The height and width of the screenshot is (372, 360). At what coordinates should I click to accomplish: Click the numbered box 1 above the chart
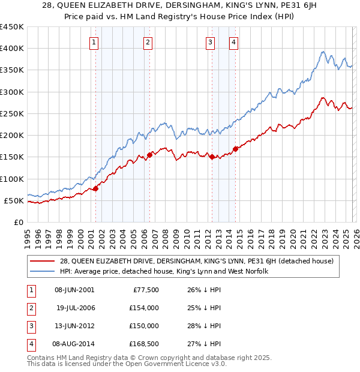click(95, 42)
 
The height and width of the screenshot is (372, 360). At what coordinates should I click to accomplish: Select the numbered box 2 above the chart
click(148, 42)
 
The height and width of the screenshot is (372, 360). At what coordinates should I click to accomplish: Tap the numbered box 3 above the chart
click(211, 42)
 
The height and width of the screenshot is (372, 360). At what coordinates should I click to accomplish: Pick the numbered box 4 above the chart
click(233, 42)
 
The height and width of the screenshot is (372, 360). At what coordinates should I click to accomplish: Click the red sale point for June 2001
click(95, 188)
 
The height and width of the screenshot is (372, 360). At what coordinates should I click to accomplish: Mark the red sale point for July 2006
click(149, 155)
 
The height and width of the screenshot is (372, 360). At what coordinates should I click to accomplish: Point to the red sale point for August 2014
click(235, 149)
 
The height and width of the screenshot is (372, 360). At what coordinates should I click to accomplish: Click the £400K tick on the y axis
click(12, 49)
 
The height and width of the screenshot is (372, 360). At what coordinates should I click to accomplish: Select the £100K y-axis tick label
click(12, 179)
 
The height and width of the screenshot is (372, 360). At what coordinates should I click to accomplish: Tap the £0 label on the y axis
click(18, 222)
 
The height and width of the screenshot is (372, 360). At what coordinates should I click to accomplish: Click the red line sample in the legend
click(43, 260)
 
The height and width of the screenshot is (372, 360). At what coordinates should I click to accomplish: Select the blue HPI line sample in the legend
click(43, 271)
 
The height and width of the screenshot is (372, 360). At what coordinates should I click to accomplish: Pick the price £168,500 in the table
click(144, 344)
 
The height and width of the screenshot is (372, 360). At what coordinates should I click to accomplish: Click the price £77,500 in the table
click(146, 290)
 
